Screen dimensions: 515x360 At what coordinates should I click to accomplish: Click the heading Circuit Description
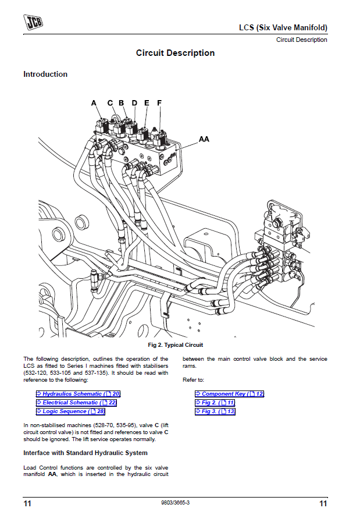pyautogui.click(x=175, y=53)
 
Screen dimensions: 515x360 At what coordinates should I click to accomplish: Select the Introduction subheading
pyautogui.click(x=45, y=74)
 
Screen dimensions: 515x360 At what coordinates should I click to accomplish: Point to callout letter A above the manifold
pyautogui.click(x=94, y=103)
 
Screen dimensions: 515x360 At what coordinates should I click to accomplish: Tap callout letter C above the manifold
pyautogui.click(x=111, y=103)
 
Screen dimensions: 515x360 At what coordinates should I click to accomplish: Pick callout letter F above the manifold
pyautogui.click(x=159, y=103)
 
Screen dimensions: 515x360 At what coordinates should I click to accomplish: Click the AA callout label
pyautogui.click(x=204, y=140)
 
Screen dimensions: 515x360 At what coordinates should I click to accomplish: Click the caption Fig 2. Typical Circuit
pyautogui.click(x=176, y=345)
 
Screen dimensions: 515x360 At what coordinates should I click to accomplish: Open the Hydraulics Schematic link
pyautogui.click(x=78, y=394)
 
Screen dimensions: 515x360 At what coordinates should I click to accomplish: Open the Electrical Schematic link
pyautogui.click(x=76, y=403)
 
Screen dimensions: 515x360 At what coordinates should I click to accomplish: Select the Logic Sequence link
pyautogui.click(x=70, y=411)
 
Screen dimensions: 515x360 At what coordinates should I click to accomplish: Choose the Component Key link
pyautogui.click(x=230, y=394)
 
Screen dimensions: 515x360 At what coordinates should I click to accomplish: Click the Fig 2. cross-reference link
pyautogui.click(x=215, y=403)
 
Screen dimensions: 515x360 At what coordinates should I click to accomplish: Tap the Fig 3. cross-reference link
pyautogui.click(x=215, y=411)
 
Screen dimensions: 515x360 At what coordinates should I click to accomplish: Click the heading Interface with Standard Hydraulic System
pyautogui.click(x=85, y=453)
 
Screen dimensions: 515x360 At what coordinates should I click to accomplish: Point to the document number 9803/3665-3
pyautogui.click(x=175, y=502)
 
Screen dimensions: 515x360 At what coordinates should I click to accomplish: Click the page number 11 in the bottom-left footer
pyautogui.click(x=27, y=503)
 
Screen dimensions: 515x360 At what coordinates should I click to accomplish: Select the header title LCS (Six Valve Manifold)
pyautogui.click(x=283, y=27)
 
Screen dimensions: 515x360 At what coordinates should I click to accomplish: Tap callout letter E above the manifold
pyautogui.click(x=147, y=103)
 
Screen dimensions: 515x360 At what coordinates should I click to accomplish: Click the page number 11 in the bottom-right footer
pyautogui.click(x=323, y=503)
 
